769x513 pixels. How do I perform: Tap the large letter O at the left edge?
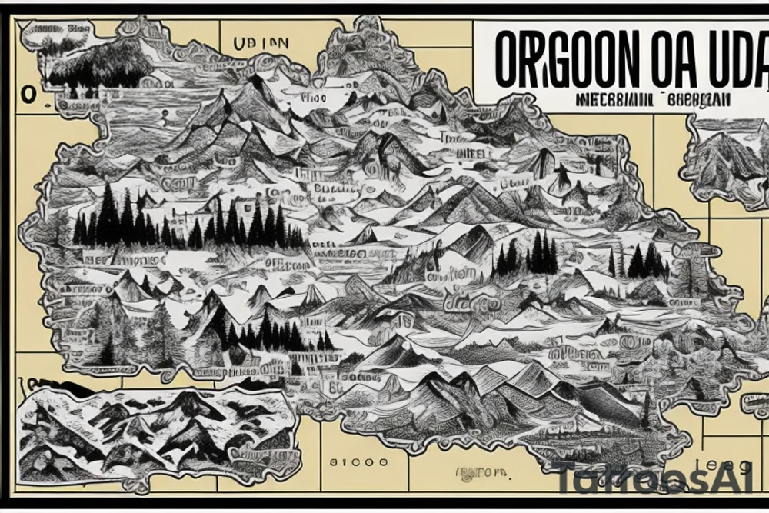(x=28, y=94)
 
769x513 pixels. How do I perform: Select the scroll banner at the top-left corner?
(x=54, y=32)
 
